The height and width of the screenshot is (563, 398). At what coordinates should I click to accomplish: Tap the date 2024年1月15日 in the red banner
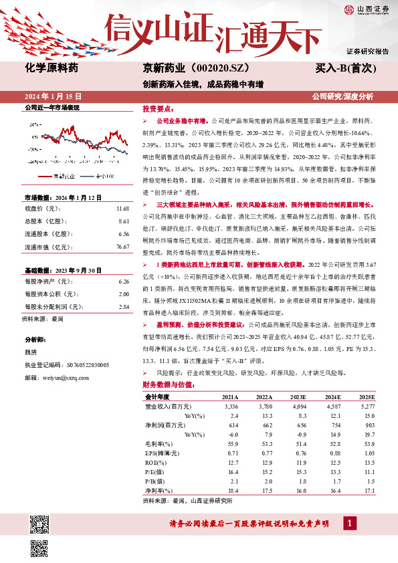coord(53,96)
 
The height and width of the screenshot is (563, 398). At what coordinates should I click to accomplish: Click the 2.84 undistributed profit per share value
coord(122,307)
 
